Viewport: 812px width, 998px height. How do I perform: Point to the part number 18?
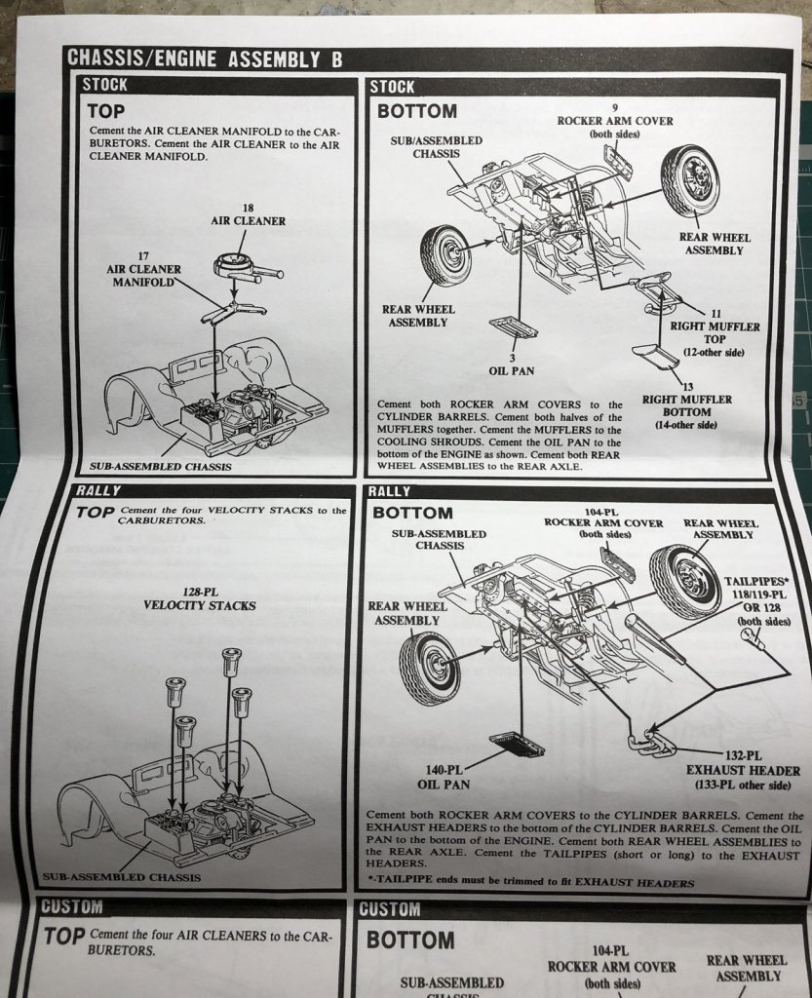[x=249, y=208]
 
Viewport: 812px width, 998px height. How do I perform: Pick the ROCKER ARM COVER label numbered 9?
[x=614, y=121]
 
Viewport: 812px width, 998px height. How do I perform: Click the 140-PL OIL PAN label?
[x=445, y=776]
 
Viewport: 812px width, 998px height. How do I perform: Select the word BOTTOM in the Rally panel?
[x=413, y=513]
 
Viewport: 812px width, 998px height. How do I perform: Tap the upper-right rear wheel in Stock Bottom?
[x=690, y=180]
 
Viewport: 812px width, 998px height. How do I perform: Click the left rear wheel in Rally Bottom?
[x=428, y=668]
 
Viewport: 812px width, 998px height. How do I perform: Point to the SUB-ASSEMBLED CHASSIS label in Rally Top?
[x=121, y=877]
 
